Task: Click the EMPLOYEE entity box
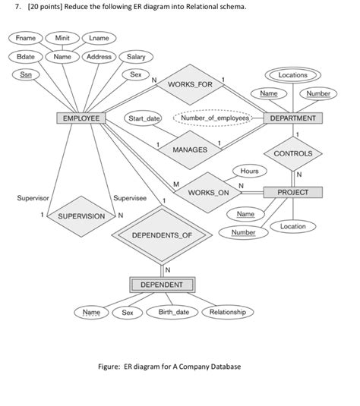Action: [x=79, y=119]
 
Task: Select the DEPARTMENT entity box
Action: [x=293, y=119]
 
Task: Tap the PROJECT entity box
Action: [x=293, y=193]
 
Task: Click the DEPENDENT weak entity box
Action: [x=162, y=285]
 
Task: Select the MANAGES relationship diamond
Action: [x=190, y=149]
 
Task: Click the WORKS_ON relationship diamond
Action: [x=208, y=194]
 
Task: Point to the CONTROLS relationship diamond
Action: [x=293, y=154]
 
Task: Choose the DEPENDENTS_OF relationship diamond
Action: [x=162, y=235]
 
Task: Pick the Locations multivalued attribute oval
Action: [x=293, y=75]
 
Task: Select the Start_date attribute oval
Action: [x=144, y=119]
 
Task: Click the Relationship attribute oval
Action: [x=228, y=312]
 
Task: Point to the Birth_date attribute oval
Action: [x=172, y=312]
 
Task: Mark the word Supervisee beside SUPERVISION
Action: [x=130, y=198]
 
